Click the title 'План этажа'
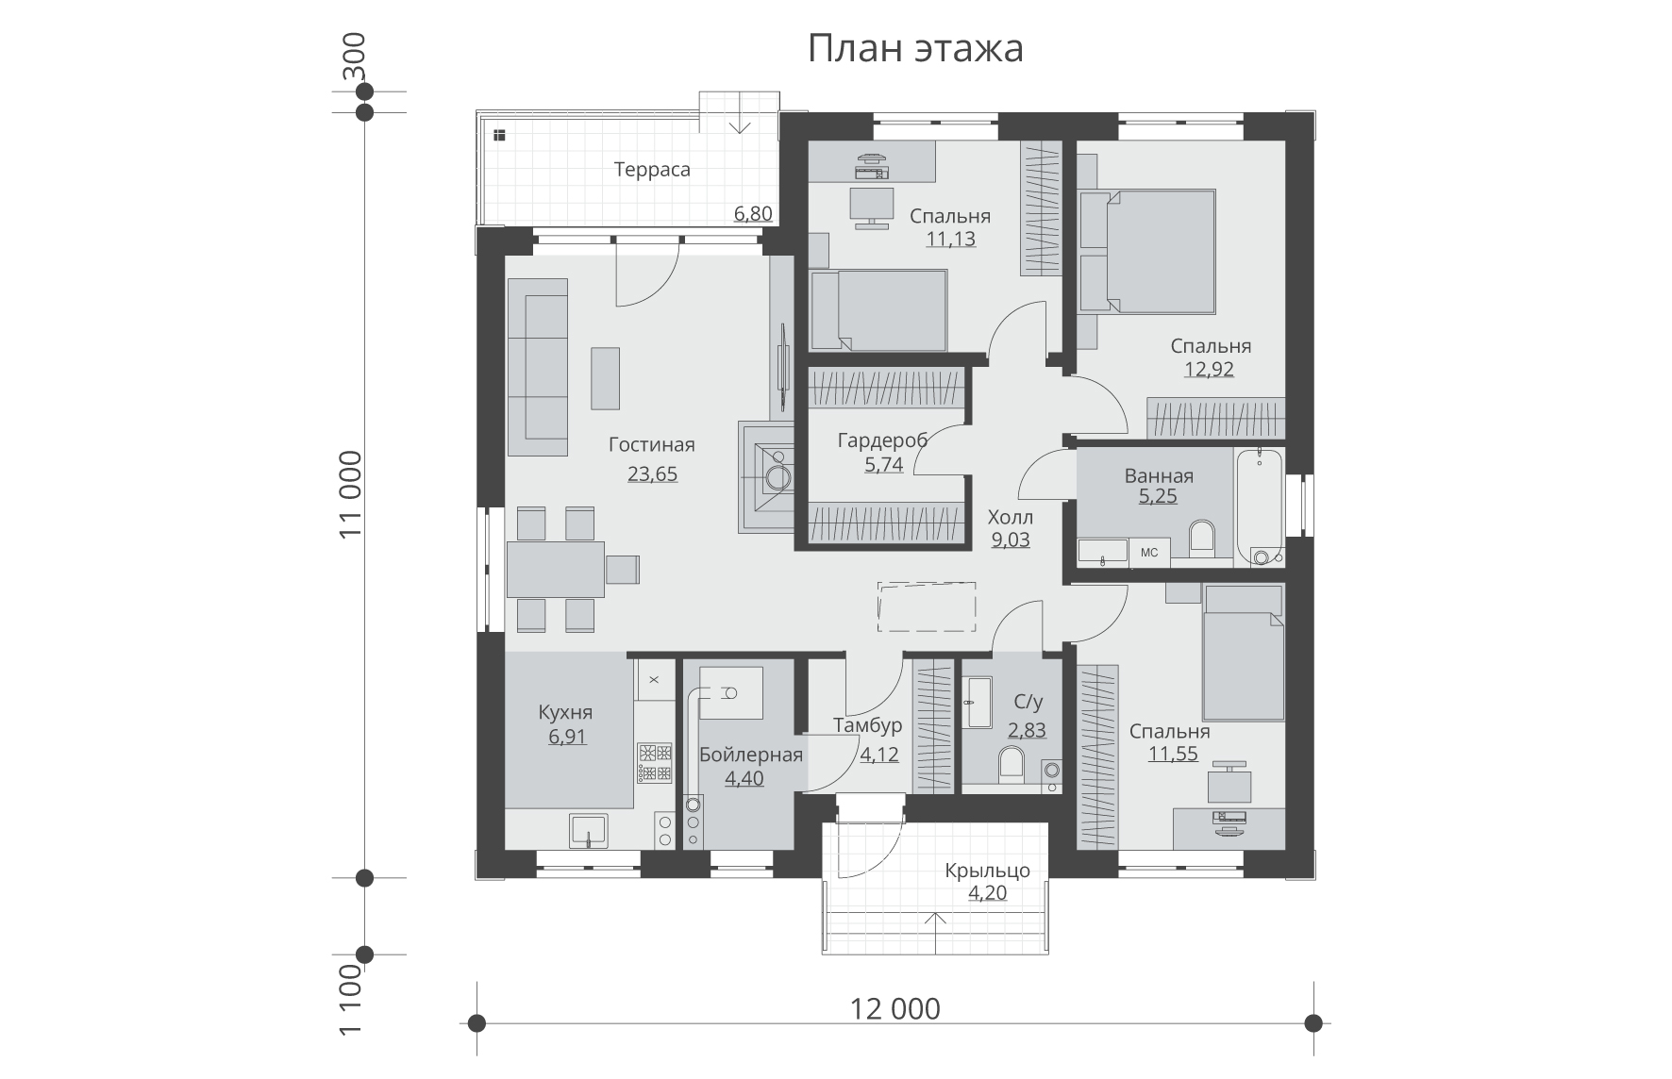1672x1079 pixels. coord(915,49)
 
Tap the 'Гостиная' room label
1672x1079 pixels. coord(651,445)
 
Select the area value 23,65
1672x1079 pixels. coord(652,474)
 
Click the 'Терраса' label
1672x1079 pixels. coord(652,170)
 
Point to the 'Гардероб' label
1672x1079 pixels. coord(882,440)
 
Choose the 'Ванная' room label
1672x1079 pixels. coord(1159,476)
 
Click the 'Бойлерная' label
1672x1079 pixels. coord(751,755)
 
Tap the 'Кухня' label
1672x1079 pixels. coord(565,713)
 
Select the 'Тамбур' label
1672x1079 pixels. coord(868,725)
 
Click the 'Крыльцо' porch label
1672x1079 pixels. coord(987,871)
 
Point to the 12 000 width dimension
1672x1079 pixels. coord(895,1009)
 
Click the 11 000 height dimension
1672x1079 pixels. coord(351,494)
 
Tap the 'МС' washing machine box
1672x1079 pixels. coord(1150,554)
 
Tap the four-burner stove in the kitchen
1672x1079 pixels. coord(656,763)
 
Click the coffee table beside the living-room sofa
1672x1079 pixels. coord(606,378)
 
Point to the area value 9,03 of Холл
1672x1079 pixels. coord(1011,540)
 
